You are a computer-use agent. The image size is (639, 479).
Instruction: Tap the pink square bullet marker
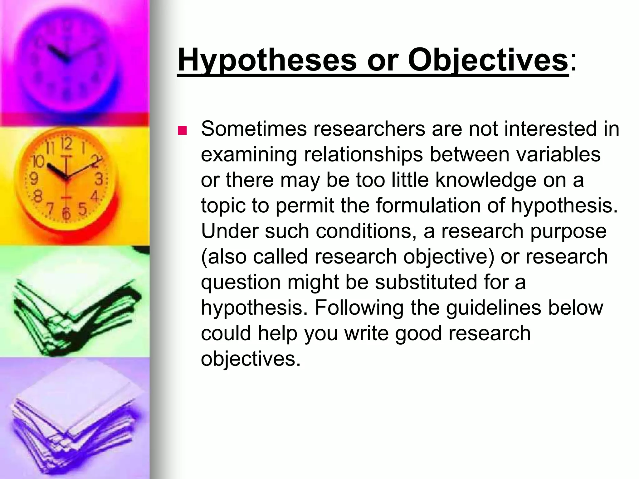[182, 130]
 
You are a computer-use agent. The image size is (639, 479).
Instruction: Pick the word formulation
[428, 206]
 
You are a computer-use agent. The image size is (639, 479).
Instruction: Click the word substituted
[426, 282]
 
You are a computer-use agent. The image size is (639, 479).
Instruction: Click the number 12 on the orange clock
[66, 144]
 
